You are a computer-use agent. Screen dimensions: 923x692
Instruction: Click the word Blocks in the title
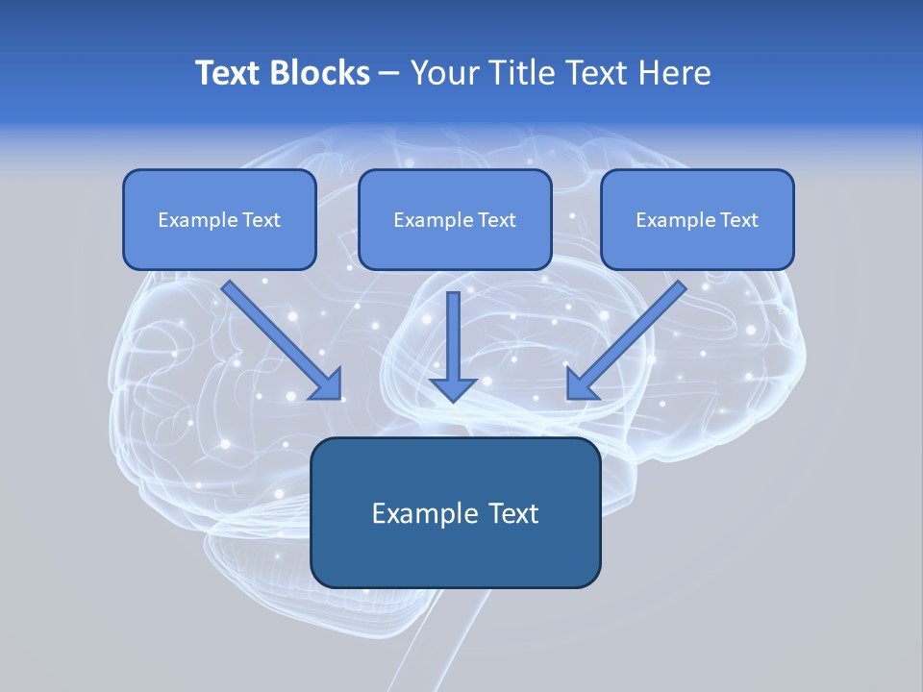click(319, 72)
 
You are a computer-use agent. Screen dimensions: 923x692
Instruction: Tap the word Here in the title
click(675, 72)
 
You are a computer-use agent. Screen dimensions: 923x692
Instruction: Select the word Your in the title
click(446, 72)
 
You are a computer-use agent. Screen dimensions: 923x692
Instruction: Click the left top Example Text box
click(219, 219)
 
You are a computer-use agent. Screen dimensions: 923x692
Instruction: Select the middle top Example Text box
click(455, 219)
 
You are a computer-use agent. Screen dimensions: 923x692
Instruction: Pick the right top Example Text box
click(698, 219)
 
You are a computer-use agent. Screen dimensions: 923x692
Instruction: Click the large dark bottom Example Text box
click(456, 512)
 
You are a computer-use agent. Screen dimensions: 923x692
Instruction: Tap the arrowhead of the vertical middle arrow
click(453, 389)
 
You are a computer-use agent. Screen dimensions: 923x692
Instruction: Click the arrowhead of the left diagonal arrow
click(329, 387)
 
